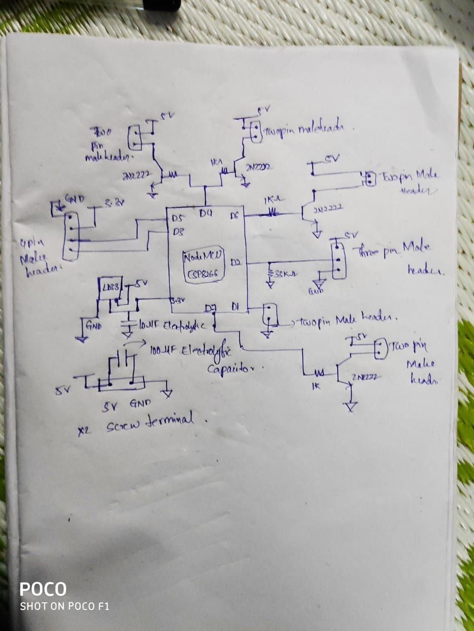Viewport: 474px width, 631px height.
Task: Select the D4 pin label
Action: [206, 214]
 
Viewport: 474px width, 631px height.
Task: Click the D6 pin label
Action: [235, 215]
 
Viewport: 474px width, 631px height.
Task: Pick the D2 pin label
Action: [235, 264]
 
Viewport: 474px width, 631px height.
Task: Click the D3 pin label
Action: [178, 231]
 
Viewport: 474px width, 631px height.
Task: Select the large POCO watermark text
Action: [43, 589]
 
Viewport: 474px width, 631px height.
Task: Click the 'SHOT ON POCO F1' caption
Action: [64, 607]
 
